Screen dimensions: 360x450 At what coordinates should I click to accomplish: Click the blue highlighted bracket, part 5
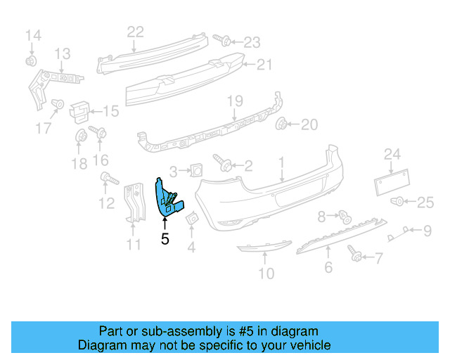tap(168, 198)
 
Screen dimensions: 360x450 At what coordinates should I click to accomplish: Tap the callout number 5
tap(165, 239)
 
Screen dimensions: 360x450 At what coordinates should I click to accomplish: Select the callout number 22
tap(135, 31)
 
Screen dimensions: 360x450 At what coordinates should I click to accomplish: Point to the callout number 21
tap(264, 65)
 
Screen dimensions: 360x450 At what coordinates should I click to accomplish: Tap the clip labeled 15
tap(81, 110)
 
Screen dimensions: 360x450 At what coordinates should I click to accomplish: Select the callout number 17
tap(44, 128)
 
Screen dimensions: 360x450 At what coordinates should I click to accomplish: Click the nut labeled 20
tap(282, 125)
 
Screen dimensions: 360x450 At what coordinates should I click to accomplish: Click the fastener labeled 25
tap(399, 202)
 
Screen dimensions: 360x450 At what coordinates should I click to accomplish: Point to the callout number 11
tap(134, 245)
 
